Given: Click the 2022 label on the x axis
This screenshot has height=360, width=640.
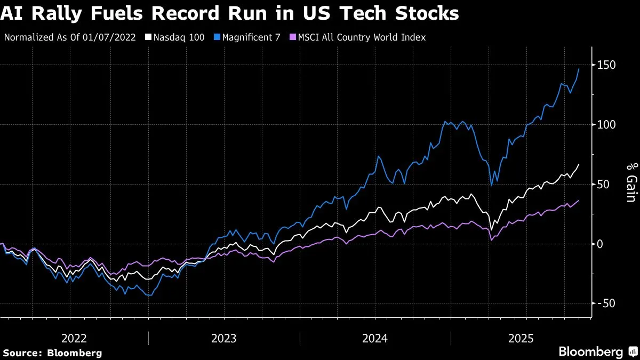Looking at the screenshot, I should (x=74, y=338).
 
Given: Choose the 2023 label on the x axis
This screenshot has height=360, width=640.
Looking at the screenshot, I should (x=225, y=338).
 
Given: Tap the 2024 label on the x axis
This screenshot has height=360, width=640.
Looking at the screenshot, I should (x=375, y=338).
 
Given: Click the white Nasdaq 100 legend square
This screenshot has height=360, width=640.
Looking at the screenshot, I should (x=149, y=37).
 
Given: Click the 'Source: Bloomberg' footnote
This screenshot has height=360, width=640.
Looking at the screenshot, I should (x=52, y=353).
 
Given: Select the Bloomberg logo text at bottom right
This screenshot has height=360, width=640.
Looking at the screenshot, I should (x=590, y=352).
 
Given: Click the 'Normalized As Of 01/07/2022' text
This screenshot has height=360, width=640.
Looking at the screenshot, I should (x=69, y=37).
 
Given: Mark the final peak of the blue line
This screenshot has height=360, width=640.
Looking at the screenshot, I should (x=579, y=69).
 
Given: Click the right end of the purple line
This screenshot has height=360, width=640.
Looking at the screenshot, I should (x=579, y=201).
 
